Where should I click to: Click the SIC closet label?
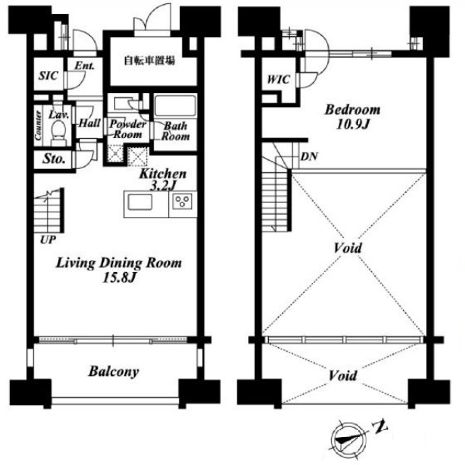click(x=48, y=76)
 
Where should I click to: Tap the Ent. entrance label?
click(x=84, y=66)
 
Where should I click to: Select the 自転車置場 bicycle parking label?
click(x=149, y=60)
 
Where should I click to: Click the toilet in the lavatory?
click(x=58, y=131)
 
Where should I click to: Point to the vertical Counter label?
click(x=38, y=126)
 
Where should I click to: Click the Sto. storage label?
click(x=53, y=159)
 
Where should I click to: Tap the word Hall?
click(x=90, y=123)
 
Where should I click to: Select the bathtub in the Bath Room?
click(x=175, y=105)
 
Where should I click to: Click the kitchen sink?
click(x=139, y=202)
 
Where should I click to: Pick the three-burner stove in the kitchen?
click(x=182, y=201)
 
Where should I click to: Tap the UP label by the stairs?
click(x=48, y=239)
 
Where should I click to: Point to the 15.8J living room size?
click(x=119, y=278)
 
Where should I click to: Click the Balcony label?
click(x=114, y=371)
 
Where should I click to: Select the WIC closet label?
click(x=278, y=80)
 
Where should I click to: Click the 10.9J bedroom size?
click(x=353, y=124)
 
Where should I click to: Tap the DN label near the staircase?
click(x=309, y=157)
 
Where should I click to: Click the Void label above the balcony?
click(x=343, y=376)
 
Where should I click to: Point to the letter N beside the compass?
click(x=381, y=427)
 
